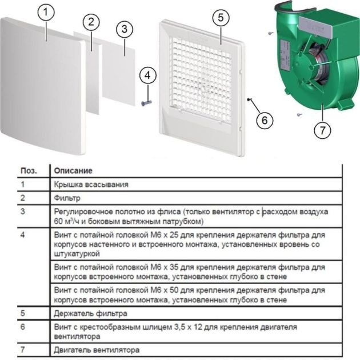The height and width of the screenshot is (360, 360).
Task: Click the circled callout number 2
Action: [x=89, y=23]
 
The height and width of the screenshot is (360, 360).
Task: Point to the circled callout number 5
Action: [x=219, y=17]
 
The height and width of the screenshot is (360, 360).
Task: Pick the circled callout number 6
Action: [x=264, y=121]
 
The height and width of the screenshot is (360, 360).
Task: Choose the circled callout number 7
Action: [x=323, y=130]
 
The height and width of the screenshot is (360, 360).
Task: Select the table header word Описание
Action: [x=73, y=171]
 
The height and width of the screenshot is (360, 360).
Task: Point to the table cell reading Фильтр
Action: [x=67, y=198]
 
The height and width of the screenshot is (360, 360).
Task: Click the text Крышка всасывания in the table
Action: [x=91, y=185]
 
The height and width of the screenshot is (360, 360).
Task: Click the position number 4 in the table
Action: [x=23, y=234]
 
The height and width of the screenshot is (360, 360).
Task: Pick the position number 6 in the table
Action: [x=23, y=327]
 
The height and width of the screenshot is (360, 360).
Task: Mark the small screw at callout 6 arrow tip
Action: [x=249, y=99]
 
